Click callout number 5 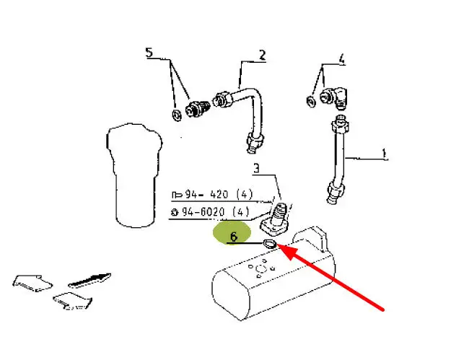coord(149,53)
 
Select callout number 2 coord(262,55)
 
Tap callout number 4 coord(341,59)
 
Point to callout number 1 coord(384,154)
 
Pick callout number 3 coord(256,168)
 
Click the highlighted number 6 coord(234,237)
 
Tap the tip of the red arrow coord(278,245)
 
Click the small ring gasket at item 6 coord(270,245)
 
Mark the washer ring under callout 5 coord(177,115)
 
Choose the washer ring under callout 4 coord(311,102)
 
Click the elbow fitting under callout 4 coord(334,98)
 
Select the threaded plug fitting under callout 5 coord(197,107)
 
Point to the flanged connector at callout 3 coord(274,220)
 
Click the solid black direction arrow coord(89,280)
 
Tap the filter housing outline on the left coord(133,175)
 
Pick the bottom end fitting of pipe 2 coord(255,142)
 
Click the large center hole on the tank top coord(260,270)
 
